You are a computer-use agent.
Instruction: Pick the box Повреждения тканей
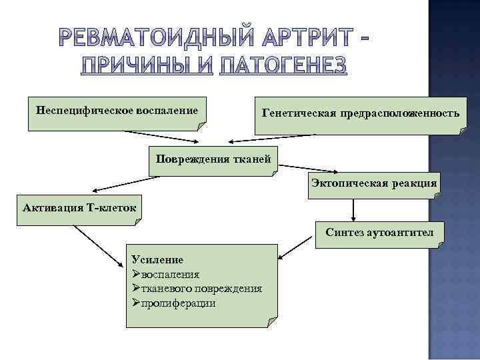(x=213, y=159)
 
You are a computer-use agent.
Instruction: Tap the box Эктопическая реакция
(x=374, y=183)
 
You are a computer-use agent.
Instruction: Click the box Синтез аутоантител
(x=379, y=233)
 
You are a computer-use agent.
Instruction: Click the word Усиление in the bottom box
(x=157, y=260)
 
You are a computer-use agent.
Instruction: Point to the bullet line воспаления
(x=170, y=274)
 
